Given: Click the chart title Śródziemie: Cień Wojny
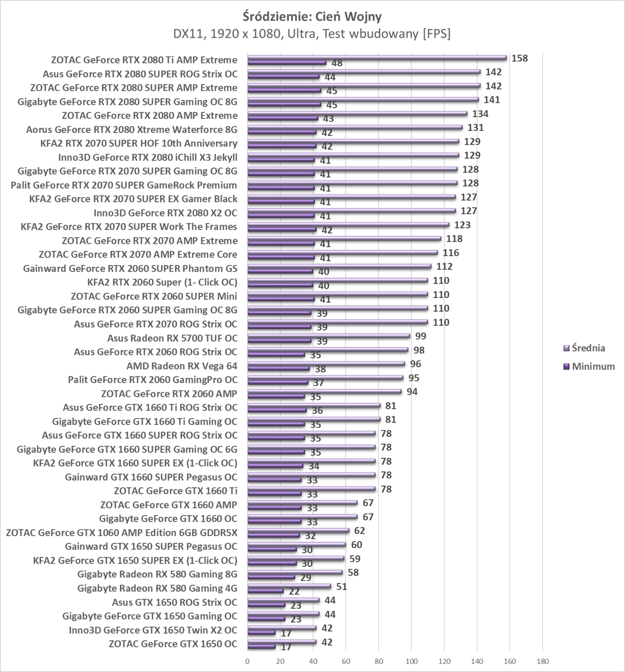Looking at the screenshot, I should [x=312, y=16].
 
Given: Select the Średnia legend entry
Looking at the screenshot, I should [x=588, y=348].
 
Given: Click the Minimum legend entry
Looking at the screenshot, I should [x=593, y=366].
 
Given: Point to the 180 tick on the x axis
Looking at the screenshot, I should [x=542, y=661].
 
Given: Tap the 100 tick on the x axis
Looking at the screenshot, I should [x=411, y=661].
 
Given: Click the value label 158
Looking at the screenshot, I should [x=519, y=59].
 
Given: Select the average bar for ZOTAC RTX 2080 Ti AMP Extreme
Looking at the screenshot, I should [x=377, y=58].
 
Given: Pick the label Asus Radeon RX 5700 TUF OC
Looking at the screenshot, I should [x=172, y=338].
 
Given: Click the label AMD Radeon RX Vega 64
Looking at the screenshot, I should [x=182, y=366].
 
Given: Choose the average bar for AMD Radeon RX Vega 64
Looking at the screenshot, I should [x=326, y=364].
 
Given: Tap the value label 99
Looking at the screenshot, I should [x=421, y=336].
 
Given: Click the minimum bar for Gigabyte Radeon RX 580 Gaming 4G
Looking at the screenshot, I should [x=265, y=591].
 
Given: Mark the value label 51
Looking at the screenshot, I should [x=342, y=587].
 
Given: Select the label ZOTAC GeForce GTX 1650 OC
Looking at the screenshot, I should [x=173, y=644].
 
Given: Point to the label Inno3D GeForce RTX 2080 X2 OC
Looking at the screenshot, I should [x=165, y=213].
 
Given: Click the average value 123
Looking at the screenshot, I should [x=462, y=225].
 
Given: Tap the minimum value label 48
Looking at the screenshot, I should [x=337, y=63].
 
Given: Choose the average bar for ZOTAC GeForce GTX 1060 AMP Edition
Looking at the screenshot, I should [x=298, y=530].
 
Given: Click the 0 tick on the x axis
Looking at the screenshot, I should [x=248, y=661].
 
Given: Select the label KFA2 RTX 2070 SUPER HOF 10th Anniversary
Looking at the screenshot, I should [x=139, y=143].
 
